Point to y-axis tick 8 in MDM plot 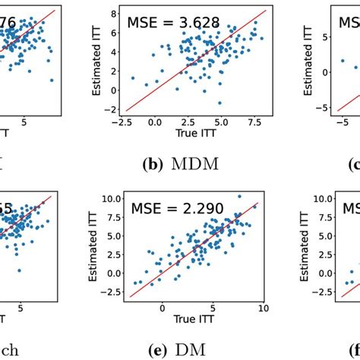pos(112,13)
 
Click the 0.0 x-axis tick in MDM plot pos(155,122)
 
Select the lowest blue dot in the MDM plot pos(219,103)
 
